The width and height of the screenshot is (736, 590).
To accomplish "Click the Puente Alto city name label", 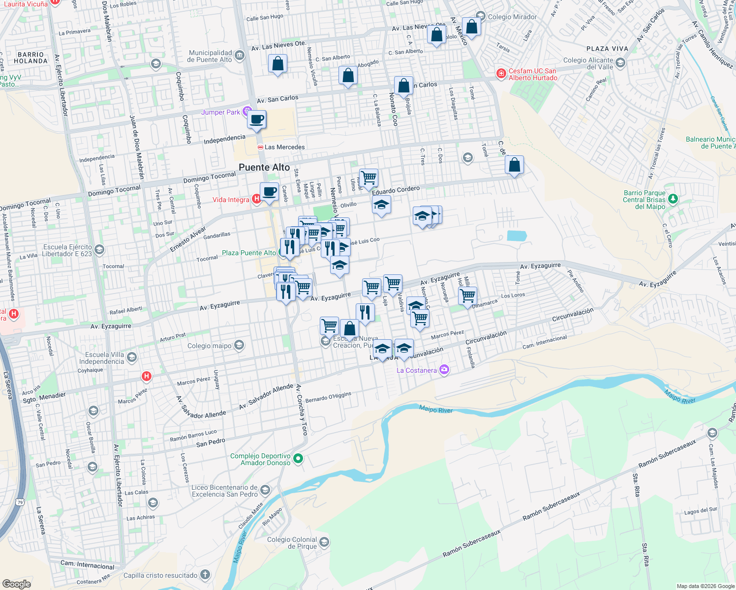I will [x=264, y=167].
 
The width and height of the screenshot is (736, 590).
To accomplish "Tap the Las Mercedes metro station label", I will [x=284, y=147].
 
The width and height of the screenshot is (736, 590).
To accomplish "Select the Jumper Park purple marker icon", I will [x=247, y=112].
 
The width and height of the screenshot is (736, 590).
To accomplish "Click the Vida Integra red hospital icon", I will [x=256, y=199].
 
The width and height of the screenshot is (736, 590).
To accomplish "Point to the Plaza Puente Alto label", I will [x=249, y=253].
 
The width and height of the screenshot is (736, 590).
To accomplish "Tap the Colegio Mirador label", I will [x=512, y=17].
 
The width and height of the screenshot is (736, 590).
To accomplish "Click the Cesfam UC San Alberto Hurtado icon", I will [x=501, y=74].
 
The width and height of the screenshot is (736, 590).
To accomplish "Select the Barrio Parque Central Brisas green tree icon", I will [x=673, y=199].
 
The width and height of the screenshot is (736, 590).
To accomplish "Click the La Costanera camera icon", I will [x=444, y=370].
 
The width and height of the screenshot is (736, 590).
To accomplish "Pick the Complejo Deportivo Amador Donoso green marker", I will [x=298, y=459].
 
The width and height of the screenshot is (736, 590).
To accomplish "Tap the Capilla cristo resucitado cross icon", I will [x=205, y=575].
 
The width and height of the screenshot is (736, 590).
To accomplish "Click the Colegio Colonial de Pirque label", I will [x=292, y=543].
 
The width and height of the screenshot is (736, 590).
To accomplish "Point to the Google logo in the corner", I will [x=16, y=584].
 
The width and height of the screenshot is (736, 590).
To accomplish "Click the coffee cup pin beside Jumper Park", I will [x=257, y=119].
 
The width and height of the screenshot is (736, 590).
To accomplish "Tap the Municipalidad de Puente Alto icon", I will [x=240, y=55].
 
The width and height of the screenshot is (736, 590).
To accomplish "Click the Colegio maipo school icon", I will [x=239, y=345].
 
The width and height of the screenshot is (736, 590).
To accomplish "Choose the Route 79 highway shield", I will [x=20, y=502].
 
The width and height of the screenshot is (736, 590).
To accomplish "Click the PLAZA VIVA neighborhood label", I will [x=607, y=49].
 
